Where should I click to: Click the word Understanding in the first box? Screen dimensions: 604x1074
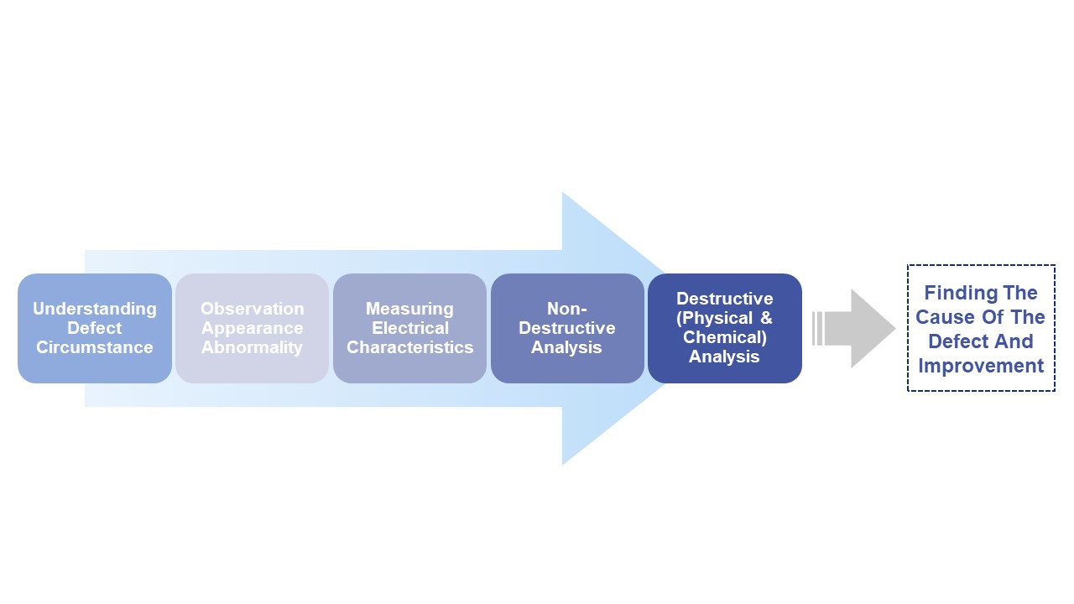pos(94,309)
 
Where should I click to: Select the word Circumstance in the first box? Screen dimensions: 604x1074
pos(94,347)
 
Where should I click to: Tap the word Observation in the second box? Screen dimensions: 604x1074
pos(252,309)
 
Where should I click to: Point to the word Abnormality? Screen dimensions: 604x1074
pos(252,347)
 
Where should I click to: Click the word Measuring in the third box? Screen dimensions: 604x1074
pos(409,309)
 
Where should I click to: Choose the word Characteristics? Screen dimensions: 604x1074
pos(409,347)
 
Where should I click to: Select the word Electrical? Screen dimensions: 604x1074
pos(409,328)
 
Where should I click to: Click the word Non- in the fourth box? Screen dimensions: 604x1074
pos(566,309)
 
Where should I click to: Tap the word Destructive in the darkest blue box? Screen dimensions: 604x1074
pos(724,299)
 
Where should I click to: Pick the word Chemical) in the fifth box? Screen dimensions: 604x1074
pos(724,337)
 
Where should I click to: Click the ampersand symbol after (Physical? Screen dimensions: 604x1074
pos(765,318)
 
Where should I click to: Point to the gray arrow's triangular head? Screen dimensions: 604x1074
pos(873,329)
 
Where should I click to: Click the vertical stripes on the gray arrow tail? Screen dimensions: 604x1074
pos(816,328)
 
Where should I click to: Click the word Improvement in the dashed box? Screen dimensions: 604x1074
pos(980,366)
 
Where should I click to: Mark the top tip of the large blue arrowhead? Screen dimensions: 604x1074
pos(563,194)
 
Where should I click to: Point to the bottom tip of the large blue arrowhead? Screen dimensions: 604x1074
pos(563,462)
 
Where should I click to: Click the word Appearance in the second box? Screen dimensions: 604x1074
pos(252,328)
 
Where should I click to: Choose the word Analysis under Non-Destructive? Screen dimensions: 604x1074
pos(566,347)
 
